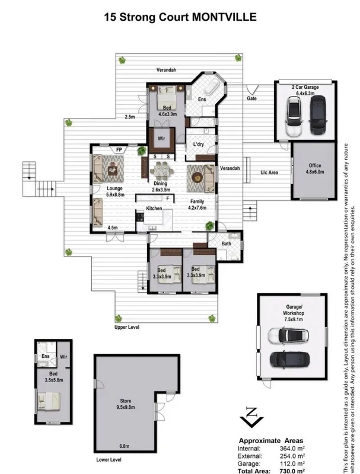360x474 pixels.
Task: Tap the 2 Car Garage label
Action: (x=305, y=87)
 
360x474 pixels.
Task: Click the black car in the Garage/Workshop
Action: (x=291, y=359)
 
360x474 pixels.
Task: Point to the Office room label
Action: (x=314, y=166)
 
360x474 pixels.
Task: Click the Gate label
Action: (x=251, y=99)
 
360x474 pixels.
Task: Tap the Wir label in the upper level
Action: (x=161, y=139)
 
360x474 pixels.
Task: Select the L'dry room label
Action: (x=199, y=144)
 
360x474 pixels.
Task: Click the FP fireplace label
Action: (x=119, y=150)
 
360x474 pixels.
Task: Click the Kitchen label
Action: (x=154, y=209)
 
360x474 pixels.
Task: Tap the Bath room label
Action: (x=227, y=243)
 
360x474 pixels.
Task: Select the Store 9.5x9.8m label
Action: (x=126, y=404)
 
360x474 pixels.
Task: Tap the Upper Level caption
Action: (x=127, y=327)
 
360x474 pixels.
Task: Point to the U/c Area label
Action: (x=270, y=172)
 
